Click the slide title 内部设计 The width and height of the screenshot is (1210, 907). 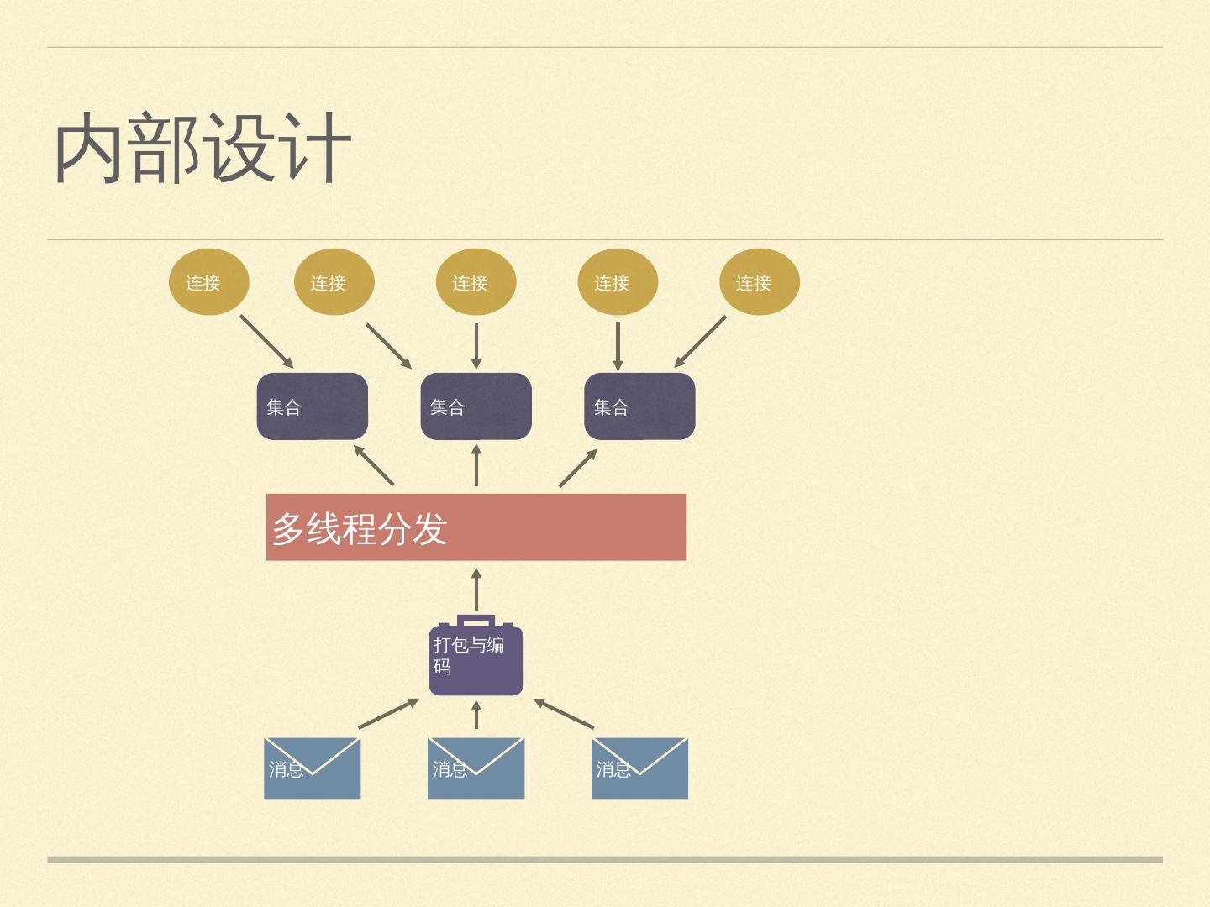202,149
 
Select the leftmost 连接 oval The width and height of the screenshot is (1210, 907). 208,282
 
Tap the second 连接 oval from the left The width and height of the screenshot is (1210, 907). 334,282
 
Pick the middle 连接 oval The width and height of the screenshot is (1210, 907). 476,282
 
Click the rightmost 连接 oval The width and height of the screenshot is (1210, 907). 760,282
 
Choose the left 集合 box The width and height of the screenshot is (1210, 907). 312,406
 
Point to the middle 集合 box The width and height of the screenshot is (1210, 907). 476,406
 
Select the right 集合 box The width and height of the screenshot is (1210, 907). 639,406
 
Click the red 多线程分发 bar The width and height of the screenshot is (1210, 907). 476,527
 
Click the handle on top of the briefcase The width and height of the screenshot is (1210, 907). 476,620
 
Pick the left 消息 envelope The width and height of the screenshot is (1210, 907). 312,768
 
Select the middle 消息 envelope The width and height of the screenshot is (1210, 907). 476,768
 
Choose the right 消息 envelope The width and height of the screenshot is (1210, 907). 639,768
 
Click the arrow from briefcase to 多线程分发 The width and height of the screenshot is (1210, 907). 476,590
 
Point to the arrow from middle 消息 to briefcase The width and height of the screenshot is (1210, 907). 476,715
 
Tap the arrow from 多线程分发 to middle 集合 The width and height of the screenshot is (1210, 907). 476,465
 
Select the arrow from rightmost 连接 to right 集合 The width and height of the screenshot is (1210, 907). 700,342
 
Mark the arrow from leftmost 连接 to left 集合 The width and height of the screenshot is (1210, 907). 266,342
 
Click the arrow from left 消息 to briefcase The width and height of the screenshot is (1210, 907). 388,714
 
